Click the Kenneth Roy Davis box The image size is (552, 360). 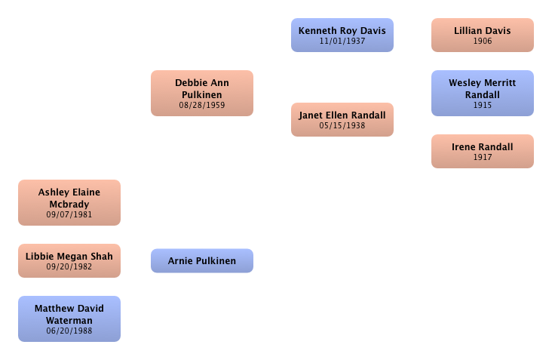click(x=342, y=35)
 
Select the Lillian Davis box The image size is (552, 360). click(x=482, y=35)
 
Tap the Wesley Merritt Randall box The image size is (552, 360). click(x=482, y=93)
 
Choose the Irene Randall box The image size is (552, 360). click(x=482, y=151)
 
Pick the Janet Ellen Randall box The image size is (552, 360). click(x=342, y=119)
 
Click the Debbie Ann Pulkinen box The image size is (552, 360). click(x=201, y=93)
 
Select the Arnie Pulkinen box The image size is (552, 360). click(x=201, y=260)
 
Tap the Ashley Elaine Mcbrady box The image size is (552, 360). click(x=69, y=202)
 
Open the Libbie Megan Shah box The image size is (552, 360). click(x=69, y=260)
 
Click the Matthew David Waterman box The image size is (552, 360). click(x=69, y=318)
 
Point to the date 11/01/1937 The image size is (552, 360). click(x=342, y=42)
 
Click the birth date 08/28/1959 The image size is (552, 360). click(x=201, y=106)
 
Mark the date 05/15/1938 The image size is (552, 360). click(x=342, y=126)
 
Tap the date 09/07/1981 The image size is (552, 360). click(x=69, y=214)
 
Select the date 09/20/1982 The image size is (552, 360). click(x=69, y=267)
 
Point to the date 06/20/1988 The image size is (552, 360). click(x=69, y=331)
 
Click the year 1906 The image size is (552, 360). click(x=482, y=42)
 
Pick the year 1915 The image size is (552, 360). click(x=482, y=106)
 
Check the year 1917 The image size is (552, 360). click(x=482, y=158)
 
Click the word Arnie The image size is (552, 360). click(x=181, y=261)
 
